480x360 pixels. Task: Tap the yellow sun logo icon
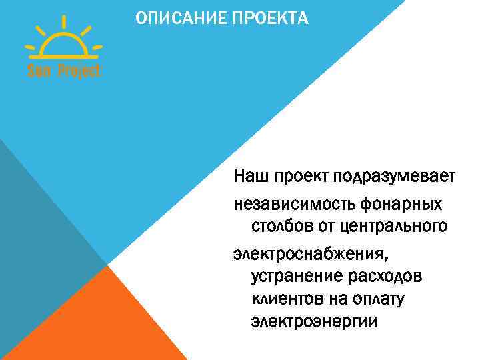coord(63,44)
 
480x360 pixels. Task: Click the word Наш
coord(249,177)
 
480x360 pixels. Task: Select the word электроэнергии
coord(314,322)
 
